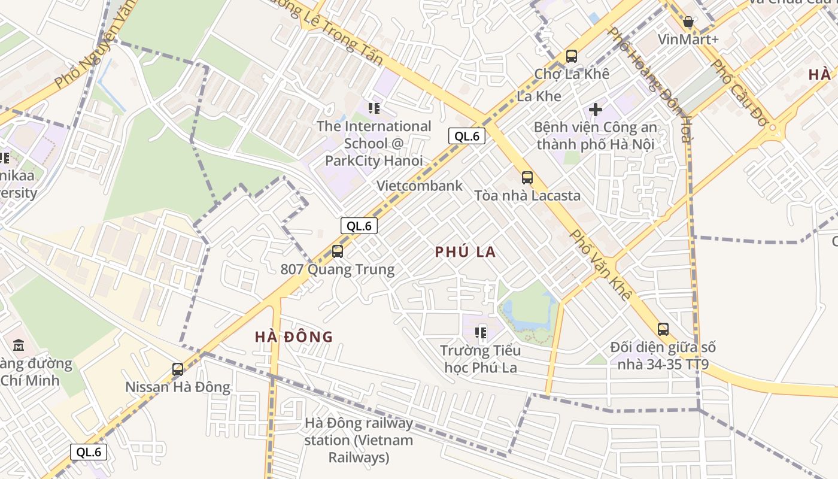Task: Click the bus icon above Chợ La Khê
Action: point(572,56)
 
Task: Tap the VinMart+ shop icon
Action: point(688,23)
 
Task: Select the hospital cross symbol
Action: point(596,110)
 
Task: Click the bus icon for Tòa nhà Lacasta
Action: point(527,177)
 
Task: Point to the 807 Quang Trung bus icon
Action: point(338,251)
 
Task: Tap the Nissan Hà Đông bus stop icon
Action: point(178,369)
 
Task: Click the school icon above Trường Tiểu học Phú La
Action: point(480,332)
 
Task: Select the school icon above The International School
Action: point(374,108)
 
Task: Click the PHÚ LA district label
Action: point(465,252)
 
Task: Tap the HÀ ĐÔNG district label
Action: point(293,336)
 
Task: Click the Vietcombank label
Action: point(419,186)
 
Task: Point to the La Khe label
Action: point(539,96)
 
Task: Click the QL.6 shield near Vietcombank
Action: point(466,136)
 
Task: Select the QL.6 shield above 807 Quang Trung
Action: point(359,226)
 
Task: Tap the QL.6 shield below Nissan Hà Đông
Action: point(89,452)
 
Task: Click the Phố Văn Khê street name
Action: point(600,265)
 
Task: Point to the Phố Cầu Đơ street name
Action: point(739,93)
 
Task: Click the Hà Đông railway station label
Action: point(359,440)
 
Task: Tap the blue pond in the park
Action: point(515,314)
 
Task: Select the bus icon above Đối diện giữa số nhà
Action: point(663,329)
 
